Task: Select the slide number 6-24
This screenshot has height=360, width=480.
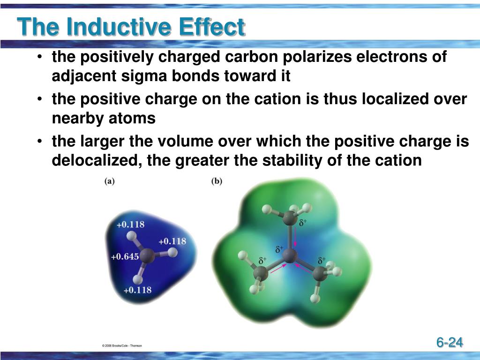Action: click(x=450, y=342)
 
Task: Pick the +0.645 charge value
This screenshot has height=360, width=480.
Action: click(x=125, y=256)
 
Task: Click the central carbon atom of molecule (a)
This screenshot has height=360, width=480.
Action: click(x=148, y=256)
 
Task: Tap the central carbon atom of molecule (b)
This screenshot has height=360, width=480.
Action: click(x=291, y=256)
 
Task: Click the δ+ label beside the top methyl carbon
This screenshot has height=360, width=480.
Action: click(x=303, y=223)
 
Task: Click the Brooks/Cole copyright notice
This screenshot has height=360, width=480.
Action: click(x=122, y=345)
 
